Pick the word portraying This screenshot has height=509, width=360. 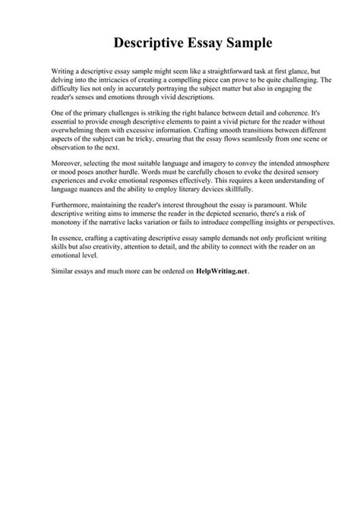[155, 89]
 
